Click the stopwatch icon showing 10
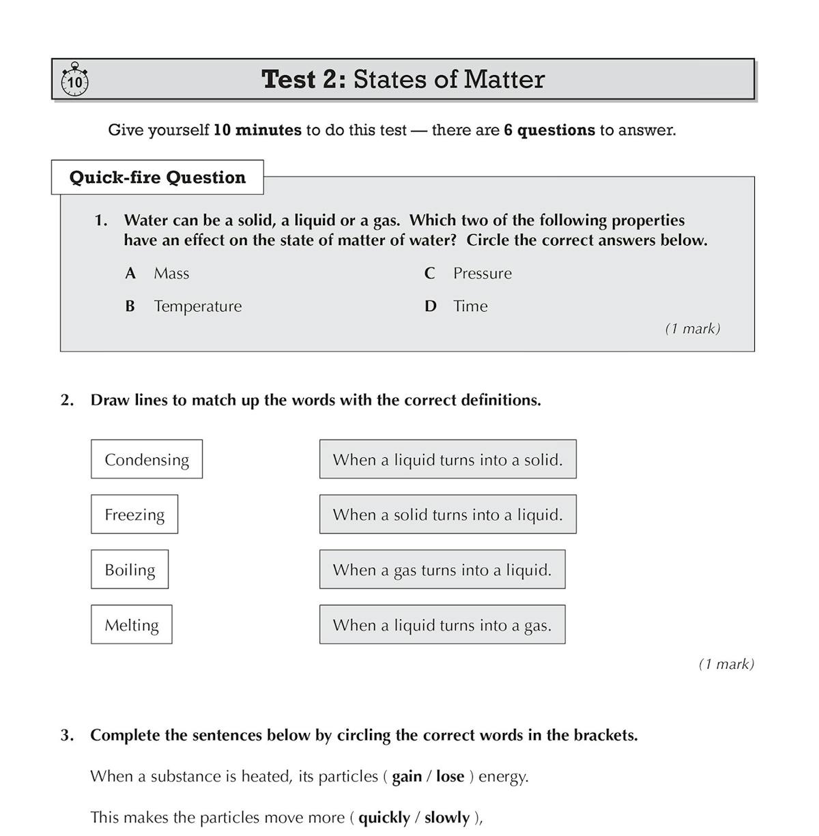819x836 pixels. pos(74,81)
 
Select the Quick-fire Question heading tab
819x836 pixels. pos(158,177)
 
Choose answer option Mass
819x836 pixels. pos(171,274)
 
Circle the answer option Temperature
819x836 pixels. pos(197,306)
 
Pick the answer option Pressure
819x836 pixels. pos(482,274)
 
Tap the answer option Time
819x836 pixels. pos(470,306)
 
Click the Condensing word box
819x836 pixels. pos(147,459)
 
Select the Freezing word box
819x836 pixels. pos(134,515)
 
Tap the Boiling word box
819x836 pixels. pos(130,570)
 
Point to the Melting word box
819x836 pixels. pos(132,625)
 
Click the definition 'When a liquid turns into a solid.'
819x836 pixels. pos(448,459)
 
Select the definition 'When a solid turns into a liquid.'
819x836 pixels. pos(448,515)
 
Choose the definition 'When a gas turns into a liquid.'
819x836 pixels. pos(442,570)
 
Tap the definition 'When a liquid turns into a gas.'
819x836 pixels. pos(442,625)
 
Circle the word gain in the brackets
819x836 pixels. pos(407,777)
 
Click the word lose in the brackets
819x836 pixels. pos(450,777)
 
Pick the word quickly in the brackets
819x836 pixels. pos(384,818)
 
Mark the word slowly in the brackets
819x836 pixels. pos(447,818)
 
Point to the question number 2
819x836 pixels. pos(67,401)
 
